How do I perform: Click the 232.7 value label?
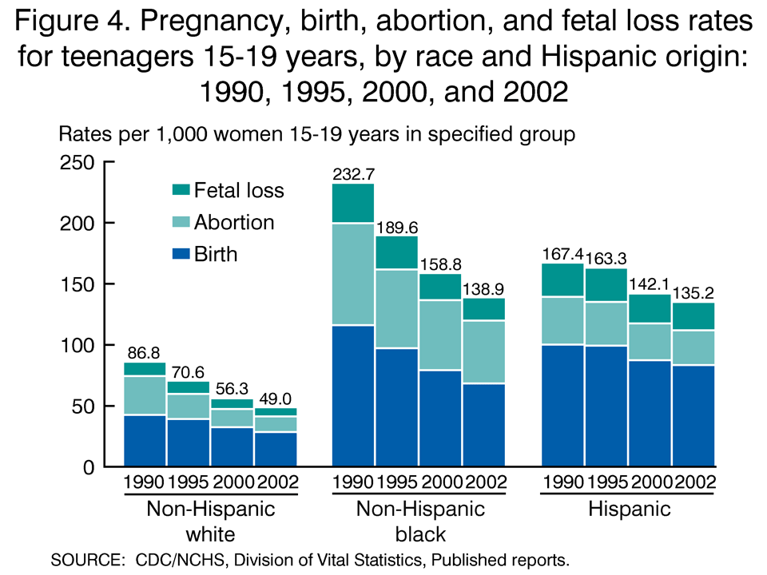click(353, 173)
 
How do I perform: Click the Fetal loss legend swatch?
click(181, 190)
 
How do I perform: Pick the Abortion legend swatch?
click(181, 223)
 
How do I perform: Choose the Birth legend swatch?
click(181, 255)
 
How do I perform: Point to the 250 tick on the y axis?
click(77, 162)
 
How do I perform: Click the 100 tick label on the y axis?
click(77, 345)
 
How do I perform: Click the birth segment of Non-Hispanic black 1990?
click(353, 395)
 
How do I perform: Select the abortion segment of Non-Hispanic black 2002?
click(483, 352)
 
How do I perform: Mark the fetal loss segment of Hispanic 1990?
click(563, 280)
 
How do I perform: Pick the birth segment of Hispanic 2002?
click(693, 415)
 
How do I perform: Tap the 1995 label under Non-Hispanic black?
click(397, 482)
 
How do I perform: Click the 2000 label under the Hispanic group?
click(650, 482)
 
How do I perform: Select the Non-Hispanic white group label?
click(211, 520)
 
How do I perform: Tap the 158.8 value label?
click(440, 264)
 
